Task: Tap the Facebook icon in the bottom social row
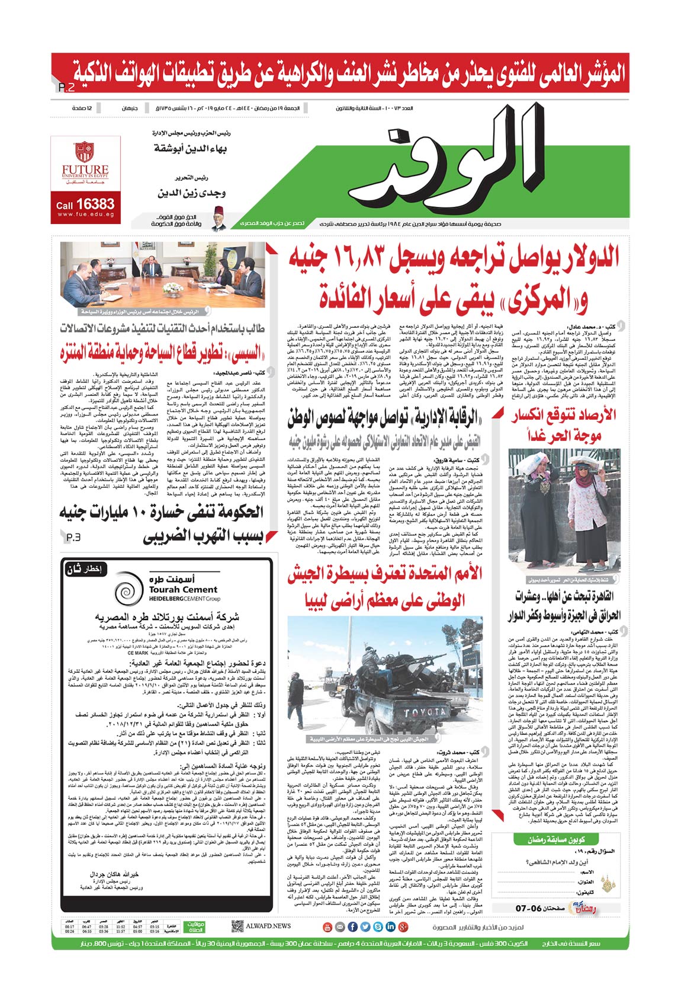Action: (352, 926)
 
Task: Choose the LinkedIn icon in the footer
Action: (390, 926)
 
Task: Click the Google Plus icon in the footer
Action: (403, 926)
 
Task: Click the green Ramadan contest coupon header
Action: (556, 840)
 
